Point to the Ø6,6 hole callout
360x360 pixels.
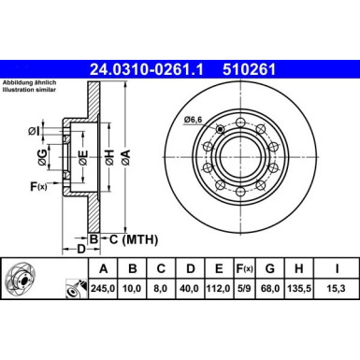[x=194, y=119]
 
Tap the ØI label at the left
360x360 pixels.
[x=33, y=130]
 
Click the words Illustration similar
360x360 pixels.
[x=30, y=94]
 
